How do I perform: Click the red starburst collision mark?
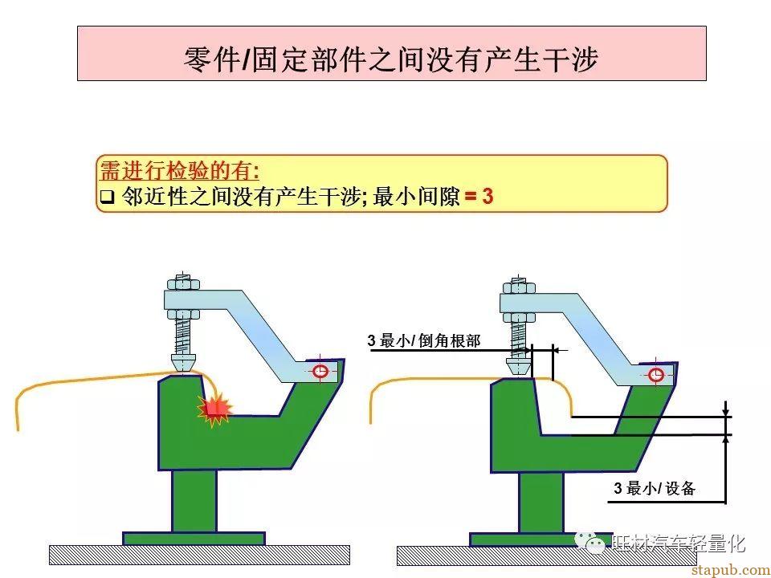[214, 409]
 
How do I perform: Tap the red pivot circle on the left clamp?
[320, 371]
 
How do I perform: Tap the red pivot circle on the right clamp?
[656, 375]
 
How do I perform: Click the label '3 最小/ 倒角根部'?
[424, 340]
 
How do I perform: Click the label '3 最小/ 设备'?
[654, 488]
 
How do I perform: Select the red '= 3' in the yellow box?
[479, 196]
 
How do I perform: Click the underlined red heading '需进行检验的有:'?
[180, 171]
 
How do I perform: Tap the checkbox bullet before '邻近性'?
[107, 197]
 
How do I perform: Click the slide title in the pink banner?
[391, 59]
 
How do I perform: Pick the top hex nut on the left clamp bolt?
[183, 284]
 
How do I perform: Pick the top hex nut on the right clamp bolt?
[518, 287]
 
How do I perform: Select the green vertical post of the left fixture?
[194, 500]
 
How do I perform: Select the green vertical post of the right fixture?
[541, 503]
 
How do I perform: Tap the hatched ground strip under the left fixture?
[200, 555]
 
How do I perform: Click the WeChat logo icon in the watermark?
[590, 543]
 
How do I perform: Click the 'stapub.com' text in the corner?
[731, 570]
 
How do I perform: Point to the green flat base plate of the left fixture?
[194, 539]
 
